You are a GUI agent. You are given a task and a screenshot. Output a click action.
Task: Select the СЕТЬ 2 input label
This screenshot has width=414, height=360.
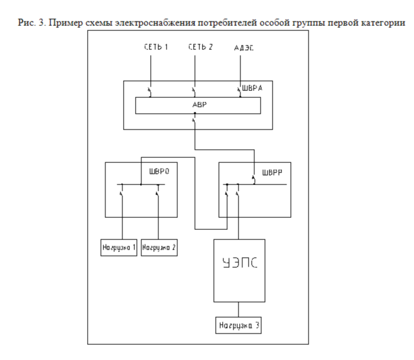[198, 48]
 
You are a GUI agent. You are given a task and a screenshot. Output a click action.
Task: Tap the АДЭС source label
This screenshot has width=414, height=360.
[245, 48]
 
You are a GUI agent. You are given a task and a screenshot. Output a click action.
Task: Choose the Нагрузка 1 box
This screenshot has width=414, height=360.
[119, 247]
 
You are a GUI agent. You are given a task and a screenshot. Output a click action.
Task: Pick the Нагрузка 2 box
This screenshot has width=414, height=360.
[159, 247]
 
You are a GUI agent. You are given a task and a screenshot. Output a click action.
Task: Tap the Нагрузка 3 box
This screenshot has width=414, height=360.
[239, 326]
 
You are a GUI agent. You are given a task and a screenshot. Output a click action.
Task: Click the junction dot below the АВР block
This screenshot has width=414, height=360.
[195, 114]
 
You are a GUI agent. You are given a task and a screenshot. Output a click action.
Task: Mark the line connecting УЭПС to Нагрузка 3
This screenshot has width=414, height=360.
[239, 310]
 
